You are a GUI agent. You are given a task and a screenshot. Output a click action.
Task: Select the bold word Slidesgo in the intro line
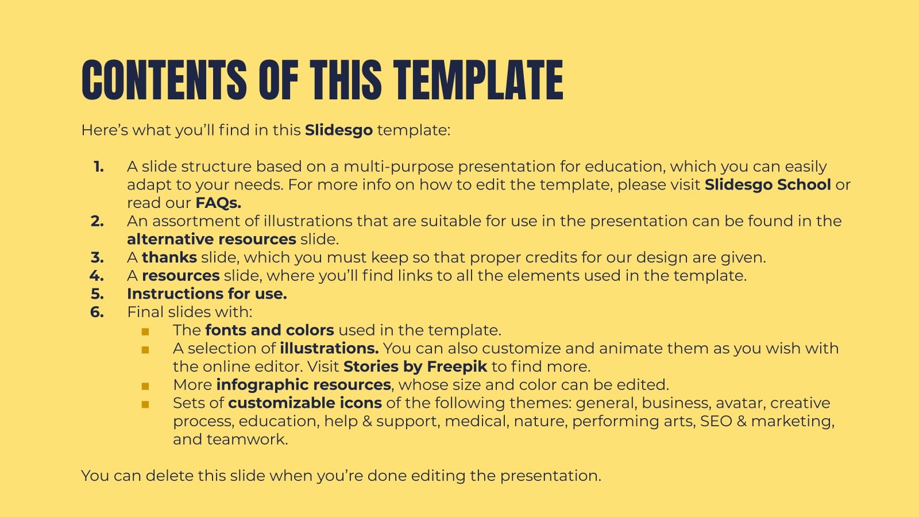click(x=339, y=130)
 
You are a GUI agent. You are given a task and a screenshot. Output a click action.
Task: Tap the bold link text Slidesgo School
click(x=767, y=184)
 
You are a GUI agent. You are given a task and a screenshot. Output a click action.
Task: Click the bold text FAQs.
click(x=218, y=203)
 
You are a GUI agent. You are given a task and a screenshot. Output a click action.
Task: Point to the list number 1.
click(x=98, y=167)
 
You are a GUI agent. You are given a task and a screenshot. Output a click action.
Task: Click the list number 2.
click(x=97, y=221)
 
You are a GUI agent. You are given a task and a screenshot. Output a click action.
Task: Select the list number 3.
click(x=97, y=257)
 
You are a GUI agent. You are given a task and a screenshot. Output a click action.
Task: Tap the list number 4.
click(x=96, y=276)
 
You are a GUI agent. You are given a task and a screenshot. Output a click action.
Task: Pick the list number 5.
click(x=97, y=294)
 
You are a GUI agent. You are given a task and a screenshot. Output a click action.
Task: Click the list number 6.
click(x=97, y=312)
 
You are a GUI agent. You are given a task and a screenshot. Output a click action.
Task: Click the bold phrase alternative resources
click(x=211, y=239)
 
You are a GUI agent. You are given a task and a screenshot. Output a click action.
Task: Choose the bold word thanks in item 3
click(x=169, y=257)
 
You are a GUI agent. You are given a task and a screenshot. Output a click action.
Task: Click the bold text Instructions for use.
click(x=207, y=294)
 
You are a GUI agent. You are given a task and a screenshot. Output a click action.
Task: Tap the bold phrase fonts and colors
click(x=269, y=330)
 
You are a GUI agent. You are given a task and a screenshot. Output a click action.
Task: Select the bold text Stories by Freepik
click(x=415, y=366)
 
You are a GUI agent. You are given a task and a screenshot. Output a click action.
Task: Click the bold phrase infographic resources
click(x=303, y=385)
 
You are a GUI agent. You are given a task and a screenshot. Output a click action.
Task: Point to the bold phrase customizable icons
click(x=305, y=403)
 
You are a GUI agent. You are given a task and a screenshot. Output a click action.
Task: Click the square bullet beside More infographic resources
click(x=145, y=386)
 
